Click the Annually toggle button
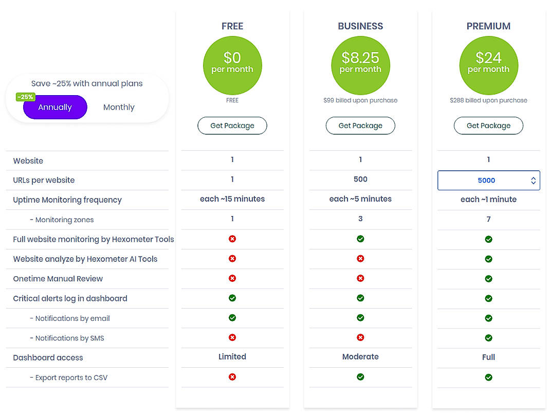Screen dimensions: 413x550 click(x=55, y=107)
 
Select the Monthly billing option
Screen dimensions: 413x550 click(x=119, y=107)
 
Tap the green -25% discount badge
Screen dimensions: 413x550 click(x=25, y=97)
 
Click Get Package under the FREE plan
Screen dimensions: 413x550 click(x=232, y=125)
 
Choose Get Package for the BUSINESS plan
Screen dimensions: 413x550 click(x=360, y=125)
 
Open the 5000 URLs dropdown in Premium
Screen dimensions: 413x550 click(x=488, y=181)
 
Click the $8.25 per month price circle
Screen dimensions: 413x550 click(x=360, y=66)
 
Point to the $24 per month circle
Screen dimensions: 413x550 click(x=488, y=66)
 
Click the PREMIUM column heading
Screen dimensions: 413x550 click(x=488, y=26)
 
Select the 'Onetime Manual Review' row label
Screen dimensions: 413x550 click(x=58, y=279)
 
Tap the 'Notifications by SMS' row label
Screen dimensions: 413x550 click(x=70, y=338)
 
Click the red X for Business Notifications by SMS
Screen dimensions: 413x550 click(x=360, y=337)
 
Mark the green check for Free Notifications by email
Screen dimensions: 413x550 click(x=232, y=318)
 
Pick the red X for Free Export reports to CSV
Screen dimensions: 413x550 click(x=232, y=377)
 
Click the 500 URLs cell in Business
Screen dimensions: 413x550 click(x=360, y=179)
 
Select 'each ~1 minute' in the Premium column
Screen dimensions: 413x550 click(x=488, y=200)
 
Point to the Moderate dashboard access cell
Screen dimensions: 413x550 click(x=360, y=357)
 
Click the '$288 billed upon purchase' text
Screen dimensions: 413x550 click(x=488, y=100)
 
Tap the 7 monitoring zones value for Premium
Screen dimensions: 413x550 click(x=488, y=219)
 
